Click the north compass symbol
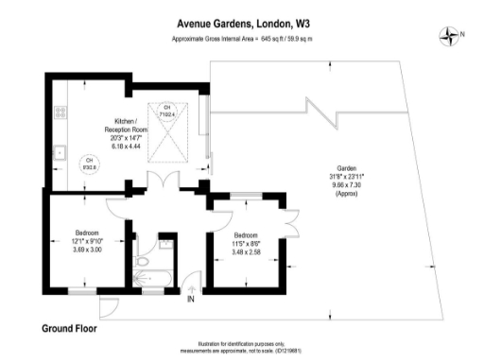(448, 36)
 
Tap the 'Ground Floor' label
(69, 329)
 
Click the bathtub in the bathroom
(151, 281)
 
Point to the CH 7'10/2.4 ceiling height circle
(168, 112)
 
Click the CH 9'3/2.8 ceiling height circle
(91, 164)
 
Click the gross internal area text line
(242, 39)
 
